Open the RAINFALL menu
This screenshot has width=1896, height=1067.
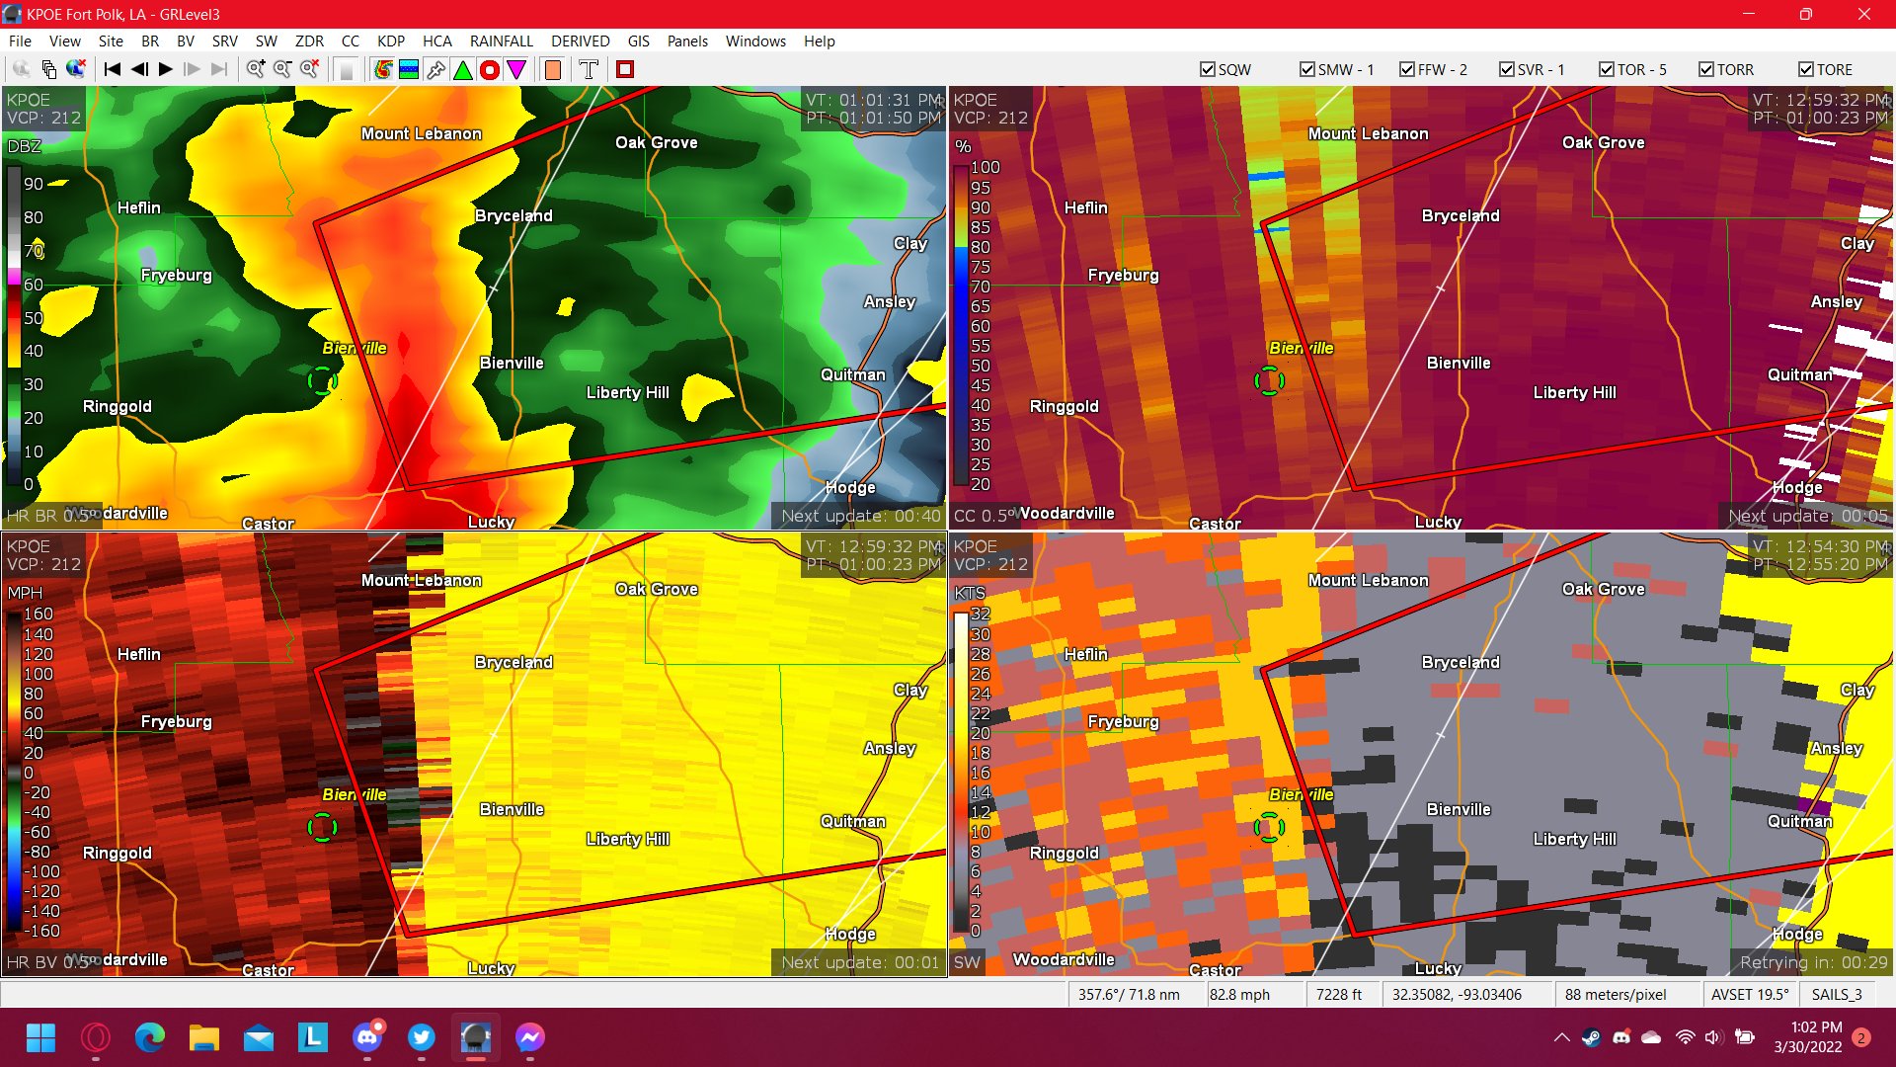click(501, 41)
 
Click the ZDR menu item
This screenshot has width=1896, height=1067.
click(309, 41)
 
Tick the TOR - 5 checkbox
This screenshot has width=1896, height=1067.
click(1607, 69)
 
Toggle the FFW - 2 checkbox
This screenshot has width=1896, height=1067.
click(1407, 69)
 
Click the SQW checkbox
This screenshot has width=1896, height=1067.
click(1208, 69)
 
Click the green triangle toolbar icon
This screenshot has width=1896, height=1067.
click(462, 69)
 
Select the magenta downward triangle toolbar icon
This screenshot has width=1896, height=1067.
click(515, 69)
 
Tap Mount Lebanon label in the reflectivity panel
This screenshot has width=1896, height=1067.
click(421, 133)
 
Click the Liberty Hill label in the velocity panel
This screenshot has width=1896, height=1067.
click(627, 839)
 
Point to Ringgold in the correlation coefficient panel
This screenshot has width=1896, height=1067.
click(1064, 406)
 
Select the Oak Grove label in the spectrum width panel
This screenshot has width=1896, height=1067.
click(1603, 589)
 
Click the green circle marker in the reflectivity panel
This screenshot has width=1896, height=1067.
click(322, 380)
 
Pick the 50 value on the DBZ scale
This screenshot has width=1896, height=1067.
click(34, 318)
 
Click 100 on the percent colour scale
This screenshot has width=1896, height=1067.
click(985, 167)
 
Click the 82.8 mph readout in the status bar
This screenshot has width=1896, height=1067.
click(1239, 994)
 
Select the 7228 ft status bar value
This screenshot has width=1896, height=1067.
click(1338, 994)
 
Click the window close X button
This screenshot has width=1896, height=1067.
click(1863, 14)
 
